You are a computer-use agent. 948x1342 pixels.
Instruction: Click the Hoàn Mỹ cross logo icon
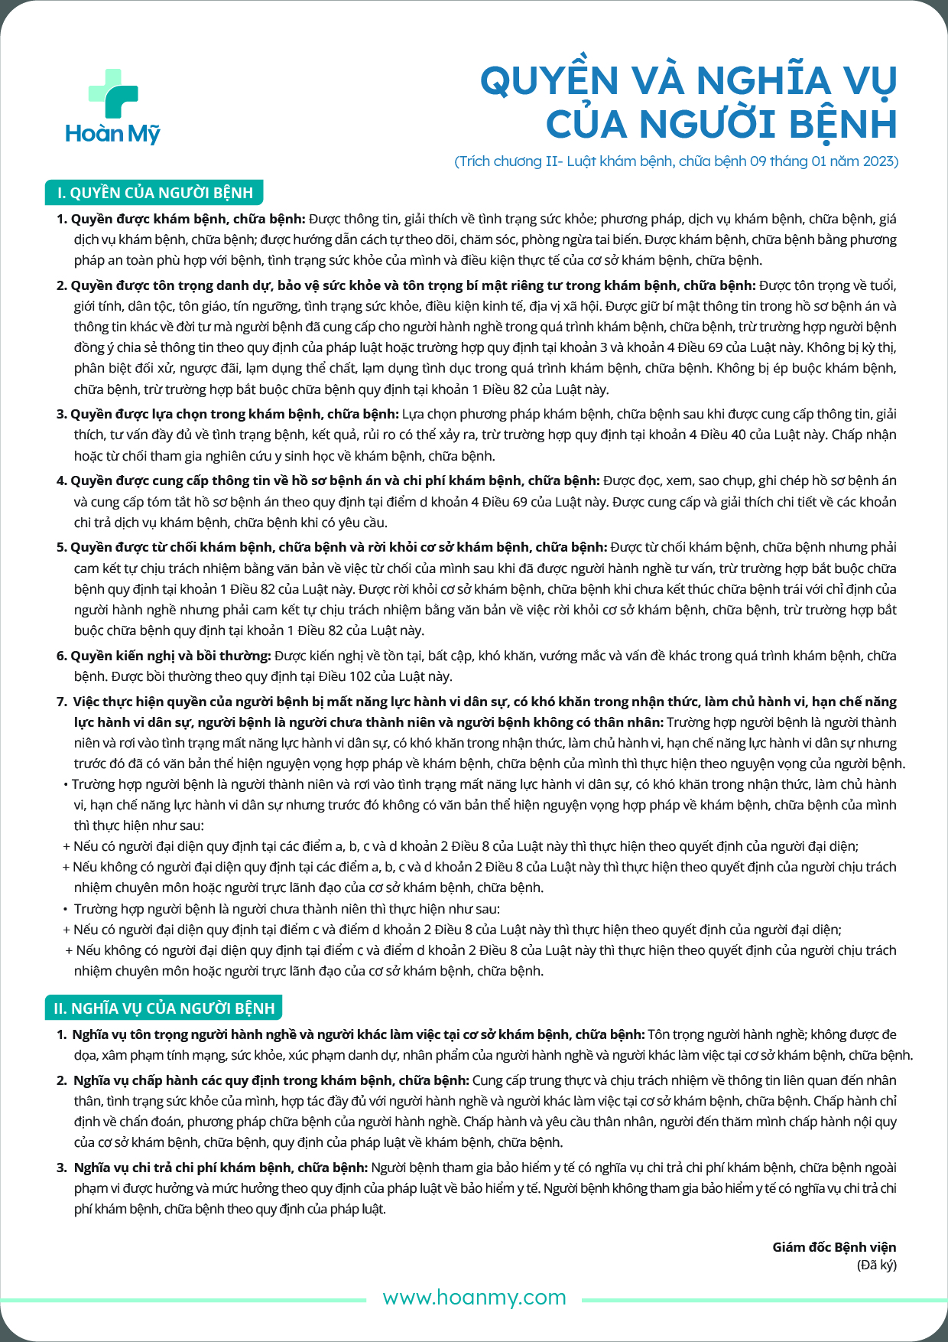[x=113, y=94]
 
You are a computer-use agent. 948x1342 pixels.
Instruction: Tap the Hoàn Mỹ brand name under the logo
[x=113, y=134]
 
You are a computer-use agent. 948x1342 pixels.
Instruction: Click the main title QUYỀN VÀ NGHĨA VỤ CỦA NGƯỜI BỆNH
[x=688, y=103]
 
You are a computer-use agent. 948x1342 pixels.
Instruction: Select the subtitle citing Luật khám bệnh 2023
[x=676, y=161]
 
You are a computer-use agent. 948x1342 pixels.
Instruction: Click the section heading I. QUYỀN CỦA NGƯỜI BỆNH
[x=155, y=193]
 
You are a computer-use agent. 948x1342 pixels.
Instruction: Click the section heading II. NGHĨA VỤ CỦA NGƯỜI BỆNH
[x=164, y=1008]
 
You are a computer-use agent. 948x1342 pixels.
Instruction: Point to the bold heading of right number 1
[x=188, y=219]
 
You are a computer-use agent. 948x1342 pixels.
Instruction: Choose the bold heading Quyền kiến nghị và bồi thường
[x=170, y=656]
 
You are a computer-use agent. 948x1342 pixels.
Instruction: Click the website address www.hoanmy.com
[x=474, y=1298]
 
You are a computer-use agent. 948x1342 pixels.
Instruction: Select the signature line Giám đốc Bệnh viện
[x=834, y=1247]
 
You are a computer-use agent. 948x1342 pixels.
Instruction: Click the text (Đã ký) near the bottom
[x=876, y=1265]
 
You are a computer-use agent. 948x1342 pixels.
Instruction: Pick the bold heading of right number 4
[x=335, y=480]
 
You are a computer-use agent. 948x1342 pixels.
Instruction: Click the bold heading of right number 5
[x=339, y=547]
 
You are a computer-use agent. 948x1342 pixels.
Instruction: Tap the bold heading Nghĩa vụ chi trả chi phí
[x=221, y=1168]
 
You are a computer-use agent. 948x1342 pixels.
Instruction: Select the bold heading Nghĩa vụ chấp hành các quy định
[x=271, y=1080]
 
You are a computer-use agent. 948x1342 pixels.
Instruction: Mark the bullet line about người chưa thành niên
[x=287, y=909]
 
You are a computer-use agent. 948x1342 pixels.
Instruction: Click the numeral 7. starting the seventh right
[x=62, y=702]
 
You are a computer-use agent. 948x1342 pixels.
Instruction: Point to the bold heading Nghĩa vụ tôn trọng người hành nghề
[x=358, y=1034]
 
